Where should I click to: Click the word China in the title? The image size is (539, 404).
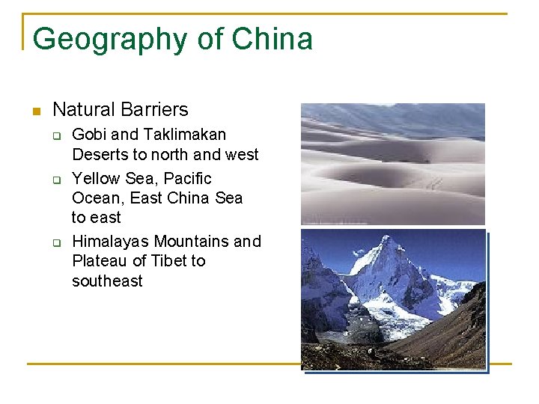(272, 39)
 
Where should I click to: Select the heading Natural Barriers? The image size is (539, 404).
(121, 109)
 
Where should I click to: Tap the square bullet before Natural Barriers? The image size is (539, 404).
(34, 111)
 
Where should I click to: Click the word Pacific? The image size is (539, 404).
(187, 179)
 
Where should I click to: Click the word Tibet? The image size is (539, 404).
(168, 261)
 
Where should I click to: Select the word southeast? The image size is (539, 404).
(107, 281)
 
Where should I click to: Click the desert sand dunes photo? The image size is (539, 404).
(392, 163)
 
